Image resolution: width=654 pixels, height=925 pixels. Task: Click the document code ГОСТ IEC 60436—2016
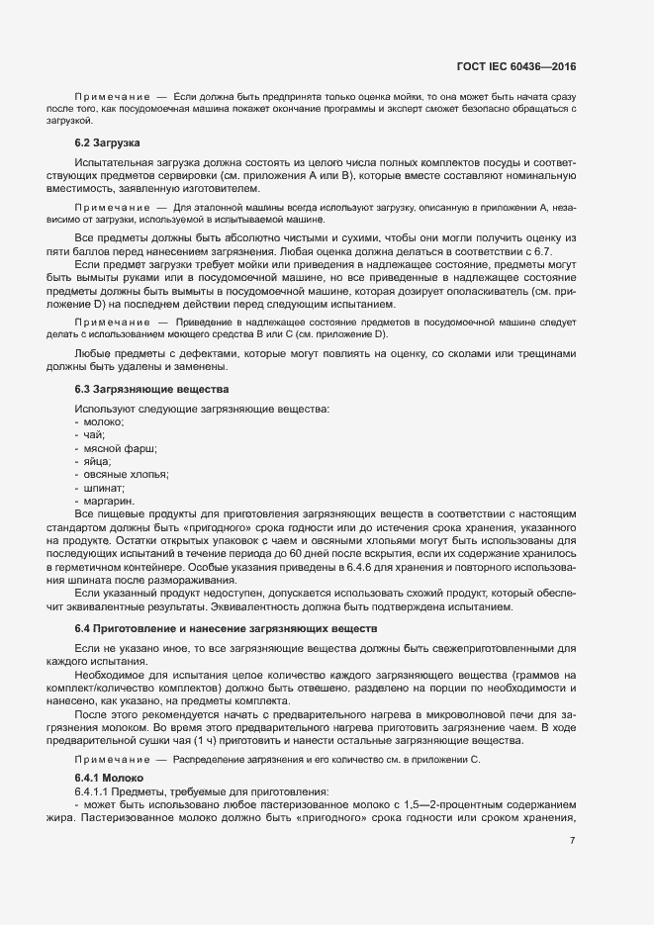[515, 67]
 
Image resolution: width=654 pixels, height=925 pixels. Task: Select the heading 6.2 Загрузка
[108, 144]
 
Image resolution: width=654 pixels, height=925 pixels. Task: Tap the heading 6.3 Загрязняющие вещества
[151, 390]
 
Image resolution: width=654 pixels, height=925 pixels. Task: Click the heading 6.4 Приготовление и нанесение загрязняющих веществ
[226, 629]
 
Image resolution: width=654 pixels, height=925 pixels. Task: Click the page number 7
[573, 841]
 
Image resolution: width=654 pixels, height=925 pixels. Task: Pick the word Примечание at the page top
[112, 96]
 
